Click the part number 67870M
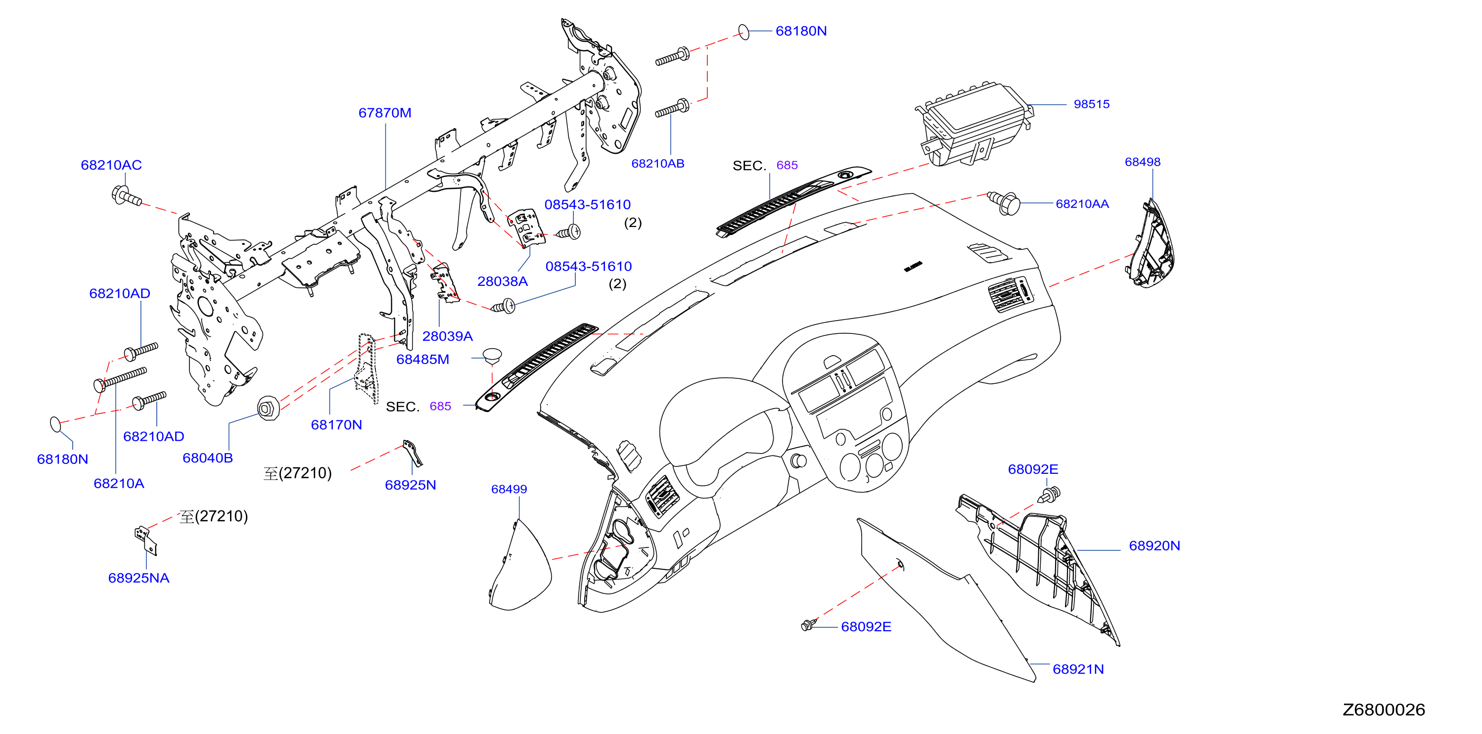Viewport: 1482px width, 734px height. coord(384,113)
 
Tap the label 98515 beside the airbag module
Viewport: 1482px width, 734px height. coord(1091,104)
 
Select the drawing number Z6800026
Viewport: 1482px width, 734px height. coord(1384,709)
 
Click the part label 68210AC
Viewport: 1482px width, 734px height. coord(111,165)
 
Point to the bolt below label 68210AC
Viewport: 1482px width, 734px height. coord(126,195)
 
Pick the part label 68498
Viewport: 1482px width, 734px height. coord(1143,162)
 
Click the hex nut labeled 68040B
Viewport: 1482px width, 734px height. coord(268,409)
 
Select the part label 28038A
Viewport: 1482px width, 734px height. coord(502,281)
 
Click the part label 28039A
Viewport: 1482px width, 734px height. coord(447,336)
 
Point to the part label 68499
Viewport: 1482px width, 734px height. coord(509,489)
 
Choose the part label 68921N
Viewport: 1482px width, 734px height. coord(1078,669)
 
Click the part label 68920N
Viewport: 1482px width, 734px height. coord(1154,546)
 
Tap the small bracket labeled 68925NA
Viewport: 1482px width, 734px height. coord(145,540)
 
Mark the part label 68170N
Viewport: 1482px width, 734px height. coord(336,424)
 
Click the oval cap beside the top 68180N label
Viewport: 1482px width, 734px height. coord(744,32)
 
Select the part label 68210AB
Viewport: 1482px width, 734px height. coord(657,163)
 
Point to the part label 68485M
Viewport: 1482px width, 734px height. coord(422,359)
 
